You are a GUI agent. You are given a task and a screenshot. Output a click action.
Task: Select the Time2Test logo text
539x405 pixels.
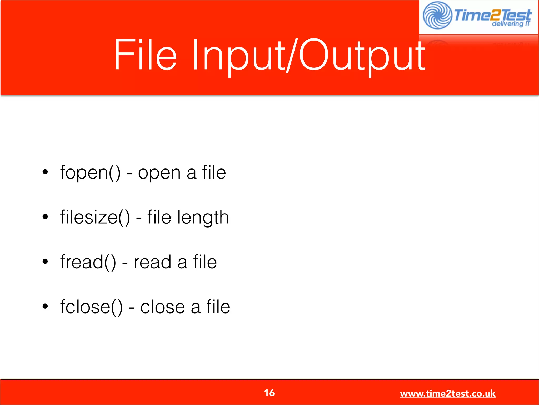[x=492, y=15]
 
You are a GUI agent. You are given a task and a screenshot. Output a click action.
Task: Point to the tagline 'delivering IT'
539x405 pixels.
[x=511, y=24]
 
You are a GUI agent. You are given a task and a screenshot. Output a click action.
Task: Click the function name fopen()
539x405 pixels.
[x=90, y=173]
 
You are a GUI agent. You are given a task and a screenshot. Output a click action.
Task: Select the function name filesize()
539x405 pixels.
[x=95, y=217]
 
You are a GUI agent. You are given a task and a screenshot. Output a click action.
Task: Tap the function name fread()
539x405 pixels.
[x=88, y=262]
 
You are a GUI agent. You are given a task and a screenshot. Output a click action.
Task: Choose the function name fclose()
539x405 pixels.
[x=91, y=307]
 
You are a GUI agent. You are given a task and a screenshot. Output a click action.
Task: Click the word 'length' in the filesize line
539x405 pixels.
[x=203, y=218]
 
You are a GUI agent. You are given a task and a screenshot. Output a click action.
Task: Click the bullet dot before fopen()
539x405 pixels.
[x=45, y=172]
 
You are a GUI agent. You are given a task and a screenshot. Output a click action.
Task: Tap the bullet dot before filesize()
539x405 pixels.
[x=45, y=217]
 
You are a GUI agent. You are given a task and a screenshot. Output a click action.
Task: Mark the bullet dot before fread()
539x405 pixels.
[x=45, y=262]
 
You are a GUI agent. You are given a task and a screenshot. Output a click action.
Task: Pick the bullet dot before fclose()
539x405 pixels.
[x=45, y=306]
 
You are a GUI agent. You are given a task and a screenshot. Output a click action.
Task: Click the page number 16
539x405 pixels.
[x=269, y=393]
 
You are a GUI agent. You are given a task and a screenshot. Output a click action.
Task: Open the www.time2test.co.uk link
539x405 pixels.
[x=447, y=393]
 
